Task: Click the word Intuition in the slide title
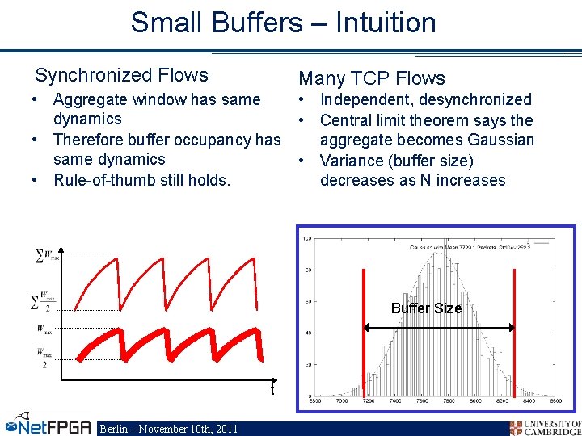coord(379,23)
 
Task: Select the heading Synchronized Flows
coord(121,76)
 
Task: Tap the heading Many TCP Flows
coord(372,78)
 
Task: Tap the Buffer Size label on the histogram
coord(426,308)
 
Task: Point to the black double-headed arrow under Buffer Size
coord(440,327)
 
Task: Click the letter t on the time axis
coord(272,390)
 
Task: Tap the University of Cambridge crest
coord(517,428)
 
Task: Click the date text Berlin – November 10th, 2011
coord(168,428)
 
